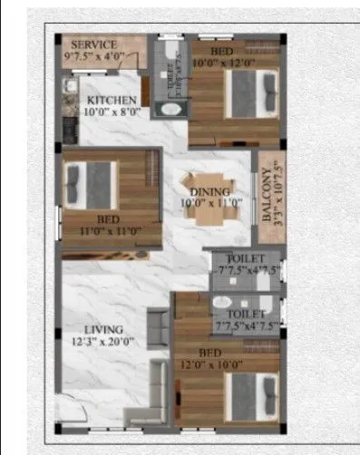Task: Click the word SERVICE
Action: click(x=93, y=44)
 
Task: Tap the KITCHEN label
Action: click(x=112, y=100)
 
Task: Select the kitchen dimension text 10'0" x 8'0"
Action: click(x=112, y=112)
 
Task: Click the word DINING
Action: click(x=209, y=191)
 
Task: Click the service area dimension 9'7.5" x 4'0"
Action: click(x=92, y=56)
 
